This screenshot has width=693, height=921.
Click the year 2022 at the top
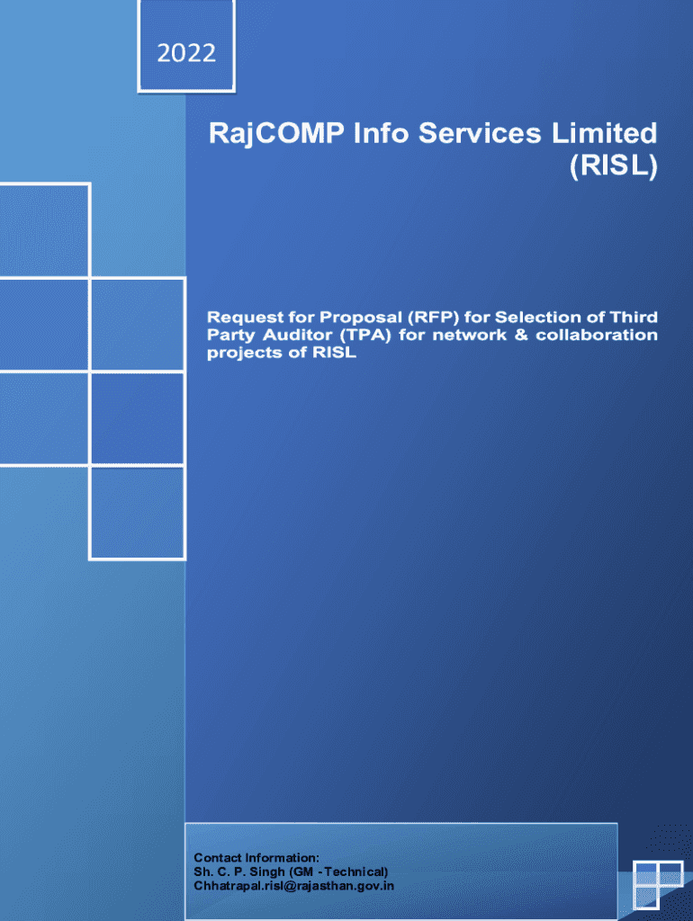point(186,53)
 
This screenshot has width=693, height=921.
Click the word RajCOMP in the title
point(276,135)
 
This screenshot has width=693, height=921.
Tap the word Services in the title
point(480,133)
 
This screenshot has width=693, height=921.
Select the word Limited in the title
point(604,133)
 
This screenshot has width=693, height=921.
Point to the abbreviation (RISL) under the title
point(613,165)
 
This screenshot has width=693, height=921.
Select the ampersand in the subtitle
point(521,335)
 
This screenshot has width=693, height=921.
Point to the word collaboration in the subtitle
point(597,335)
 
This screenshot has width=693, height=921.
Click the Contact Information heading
point(256,857)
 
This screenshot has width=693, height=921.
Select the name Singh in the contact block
point(267,872)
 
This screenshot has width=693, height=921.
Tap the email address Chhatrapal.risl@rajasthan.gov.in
point(294,886)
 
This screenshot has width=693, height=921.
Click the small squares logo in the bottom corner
point(658,885)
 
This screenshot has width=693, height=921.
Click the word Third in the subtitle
point(634,317)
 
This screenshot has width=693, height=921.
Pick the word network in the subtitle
point(469,335)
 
